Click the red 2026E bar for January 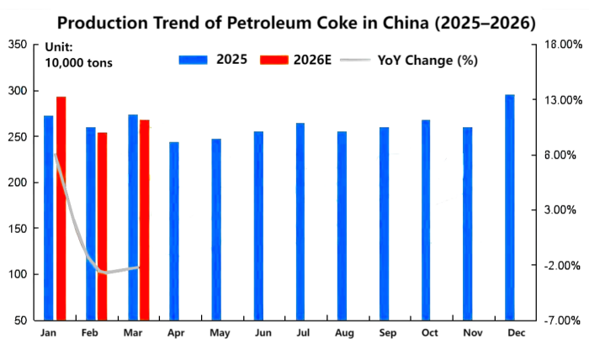point(61,209)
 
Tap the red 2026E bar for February point(103,225)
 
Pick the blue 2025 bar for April point(174,231)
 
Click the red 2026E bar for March point(145,220)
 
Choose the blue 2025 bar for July point(300,221)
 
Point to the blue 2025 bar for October point(426,220)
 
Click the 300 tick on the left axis point(19,91)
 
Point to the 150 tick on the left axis point(19,229)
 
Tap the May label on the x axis point(220,333)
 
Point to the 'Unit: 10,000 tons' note point(77,56)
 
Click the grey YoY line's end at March point(138,267)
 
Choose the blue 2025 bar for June point(258,225)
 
